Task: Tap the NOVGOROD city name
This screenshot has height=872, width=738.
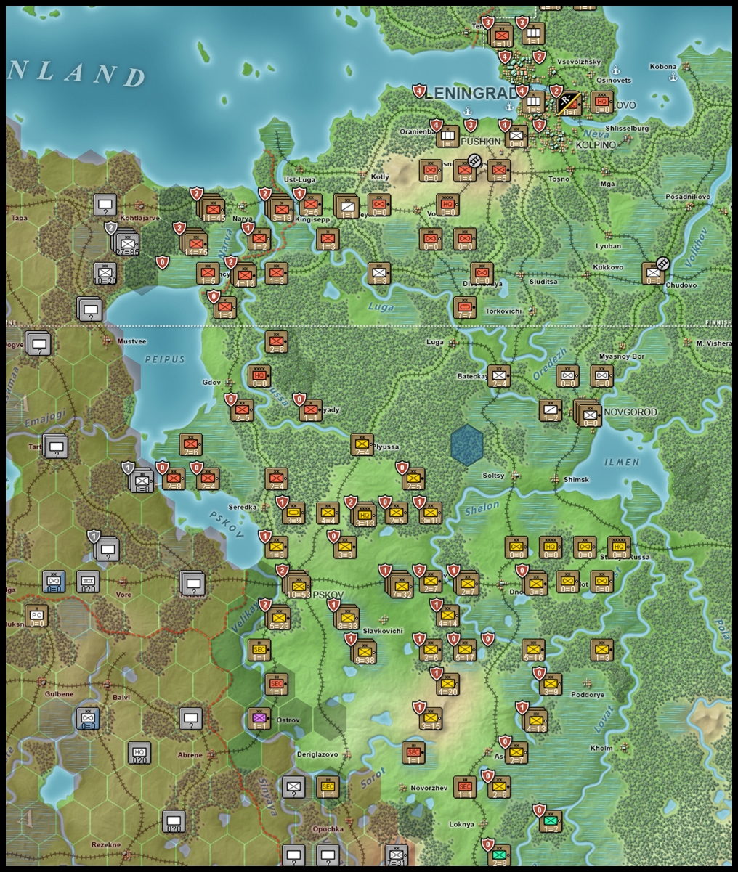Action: click(x=630, y=412)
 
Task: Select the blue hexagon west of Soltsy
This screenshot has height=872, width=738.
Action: click(x=467, y=445)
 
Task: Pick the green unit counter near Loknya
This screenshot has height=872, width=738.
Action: click(x=551, y=821)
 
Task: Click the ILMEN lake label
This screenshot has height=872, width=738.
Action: click(x=622, y=463)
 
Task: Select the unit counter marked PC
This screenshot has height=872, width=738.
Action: click(x=36, y=616)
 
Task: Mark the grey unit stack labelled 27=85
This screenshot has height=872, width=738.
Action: click(x=127, y=242)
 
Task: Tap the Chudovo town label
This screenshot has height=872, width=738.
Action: click(x=681, y=285)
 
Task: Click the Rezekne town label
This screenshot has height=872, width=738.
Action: click(x=106, y=844)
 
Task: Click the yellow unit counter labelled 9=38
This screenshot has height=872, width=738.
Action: click(x=366, y=652)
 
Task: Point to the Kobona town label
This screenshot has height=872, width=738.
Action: click(x=662, y=67)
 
